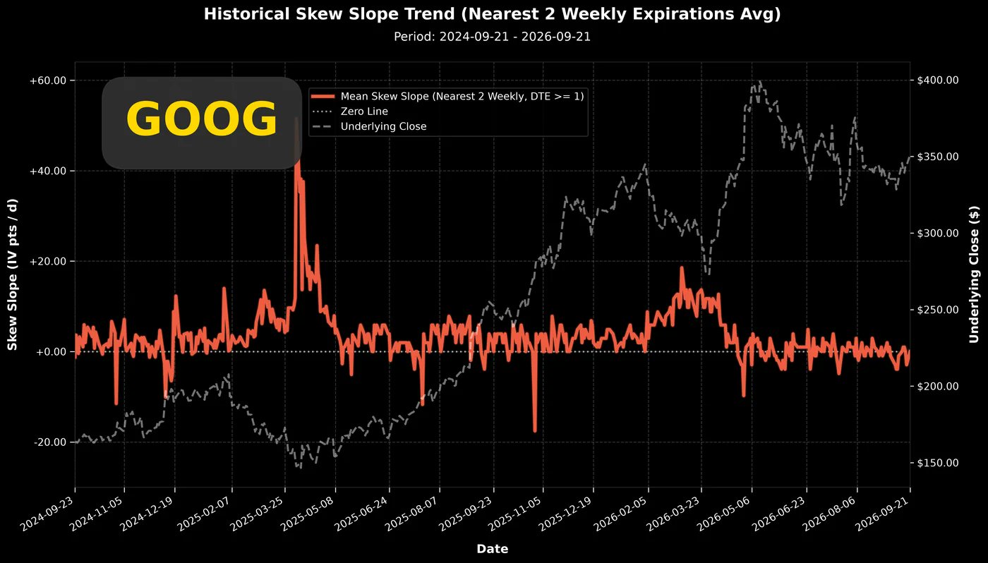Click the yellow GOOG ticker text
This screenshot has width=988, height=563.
(x=202, y=119)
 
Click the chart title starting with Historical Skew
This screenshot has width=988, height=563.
(x=493, y=14)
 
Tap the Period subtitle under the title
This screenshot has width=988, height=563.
(x=493, y=37)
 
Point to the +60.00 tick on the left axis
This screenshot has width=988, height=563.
(x=48, y=80)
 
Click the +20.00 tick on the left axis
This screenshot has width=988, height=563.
(x=48, y=262)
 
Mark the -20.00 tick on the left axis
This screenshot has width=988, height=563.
(x=49, y=442)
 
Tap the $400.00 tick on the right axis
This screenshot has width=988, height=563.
(x=938, y=80)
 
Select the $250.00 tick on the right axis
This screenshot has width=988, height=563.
(x=938, y=310)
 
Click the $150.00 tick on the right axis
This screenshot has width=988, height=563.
(x=938, y=463)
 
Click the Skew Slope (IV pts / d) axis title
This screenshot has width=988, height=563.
(x=12, y=274)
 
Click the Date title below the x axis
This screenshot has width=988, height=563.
(x=493, y=549)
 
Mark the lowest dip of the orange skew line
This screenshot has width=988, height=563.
(x=535, y=431)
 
